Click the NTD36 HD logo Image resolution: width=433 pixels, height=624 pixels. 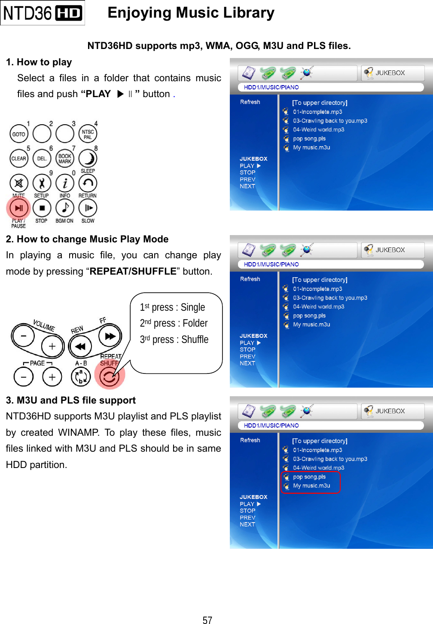pyautogui.click(x=43, y=13)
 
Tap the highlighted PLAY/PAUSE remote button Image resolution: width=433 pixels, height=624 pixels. pyautogui.click(x=18, y=208)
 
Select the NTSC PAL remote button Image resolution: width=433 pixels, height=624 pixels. pyautogui.click(x=88, y=134)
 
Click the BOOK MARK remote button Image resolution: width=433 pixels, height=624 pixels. pyautogui.click(x=65, y=159)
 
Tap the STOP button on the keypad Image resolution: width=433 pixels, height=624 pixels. pyautogui.click(x=42, y=208)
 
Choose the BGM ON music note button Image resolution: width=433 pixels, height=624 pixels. pyautogui.click(x=65, y=208)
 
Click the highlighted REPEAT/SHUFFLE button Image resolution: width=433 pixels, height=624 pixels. pyautogui.click(x=109, y=376)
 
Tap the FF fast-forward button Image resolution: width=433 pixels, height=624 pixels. pyautogui.click(x=110, y=336)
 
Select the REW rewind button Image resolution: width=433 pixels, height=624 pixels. pyautogui.click(x=80, y=346)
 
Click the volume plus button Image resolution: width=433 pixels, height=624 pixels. pyautogui.click(x=52, y=346)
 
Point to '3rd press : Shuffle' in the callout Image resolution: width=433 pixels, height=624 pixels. pyautogui.click(x=174, y=340)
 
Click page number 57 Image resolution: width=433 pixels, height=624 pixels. pyautogui.click(x=207, y=620)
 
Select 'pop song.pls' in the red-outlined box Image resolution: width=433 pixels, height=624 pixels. pyautogui.click(x=309, y=477)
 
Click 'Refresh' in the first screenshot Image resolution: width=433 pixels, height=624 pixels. pyautogui.click(x=250, y=102)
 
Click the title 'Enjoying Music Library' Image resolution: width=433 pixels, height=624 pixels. pyautogui.click(x=191, y=13)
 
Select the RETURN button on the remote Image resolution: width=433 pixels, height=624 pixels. pyautogui.click(x=88, y=184)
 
